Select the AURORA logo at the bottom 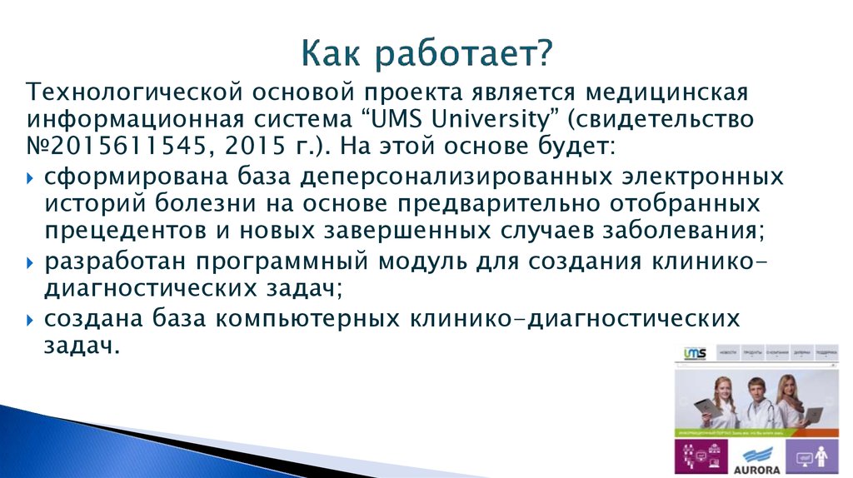tap(756, 459)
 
